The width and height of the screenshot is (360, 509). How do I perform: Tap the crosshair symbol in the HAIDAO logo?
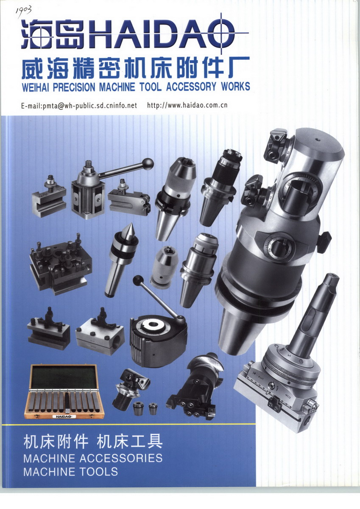tap(221, 34)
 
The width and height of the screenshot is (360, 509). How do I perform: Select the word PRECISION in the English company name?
tap(74, 87)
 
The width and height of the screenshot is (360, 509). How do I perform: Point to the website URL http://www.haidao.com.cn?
tap(187, 105)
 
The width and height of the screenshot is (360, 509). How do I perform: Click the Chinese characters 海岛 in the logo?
tap(53, 34)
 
